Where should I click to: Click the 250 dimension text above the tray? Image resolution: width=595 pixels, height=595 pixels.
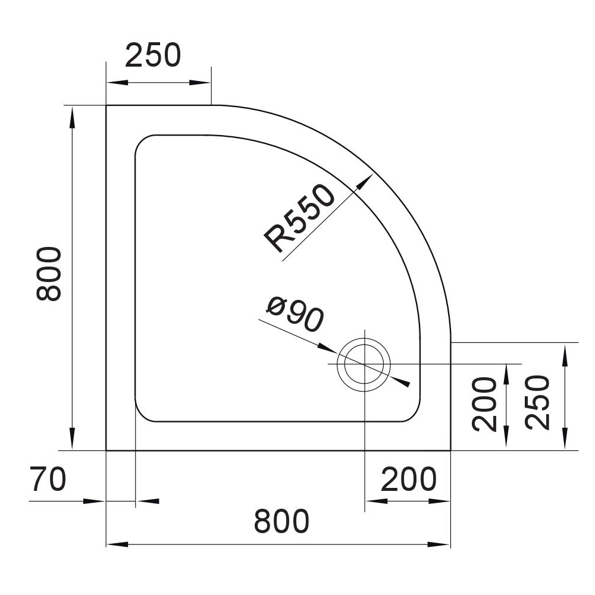153,56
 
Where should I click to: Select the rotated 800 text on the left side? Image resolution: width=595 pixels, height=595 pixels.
49,274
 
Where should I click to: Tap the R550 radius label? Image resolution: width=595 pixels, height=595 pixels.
299,218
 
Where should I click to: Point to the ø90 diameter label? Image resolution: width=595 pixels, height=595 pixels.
295,314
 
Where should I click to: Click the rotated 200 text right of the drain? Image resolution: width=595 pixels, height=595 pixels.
484,404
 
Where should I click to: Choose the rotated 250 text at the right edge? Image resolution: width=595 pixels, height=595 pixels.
538,403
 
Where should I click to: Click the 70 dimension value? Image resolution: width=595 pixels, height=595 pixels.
49,479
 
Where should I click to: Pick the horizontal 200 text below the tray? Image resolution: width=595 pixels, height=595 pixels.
409,479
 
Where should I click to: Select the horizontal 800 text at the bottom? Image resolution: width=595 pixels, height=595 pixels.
281,521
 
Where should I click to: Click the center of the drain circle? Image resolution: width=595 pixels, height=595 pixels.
364,364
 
